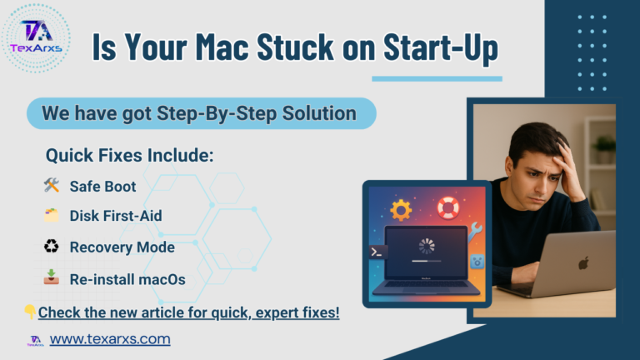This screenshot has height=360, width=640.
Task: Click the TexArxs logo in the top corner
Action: [35, 37]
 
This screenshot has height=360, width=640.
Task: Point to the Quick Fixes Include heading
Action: [129, 155]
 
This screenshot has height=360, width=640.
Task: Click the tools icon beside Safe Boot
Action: [50, 186]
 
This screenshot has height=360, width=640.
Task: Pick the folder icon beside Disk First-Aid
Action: [50, 216]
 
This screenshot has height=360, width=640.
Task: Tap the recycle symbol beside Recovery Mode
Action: [50, 247]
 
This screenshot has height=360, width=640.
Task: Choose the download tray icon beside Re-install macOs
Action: [50, 277]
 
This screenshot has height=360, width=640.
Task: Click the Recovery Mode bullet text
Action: [122, 247]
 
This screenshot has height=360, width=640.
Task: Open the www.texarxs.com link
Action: [110, 339]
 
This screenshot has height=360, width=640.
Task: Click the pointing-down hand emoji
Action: [30, 312]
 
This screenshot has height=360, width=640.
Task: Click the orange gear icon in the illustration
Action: [401, 211]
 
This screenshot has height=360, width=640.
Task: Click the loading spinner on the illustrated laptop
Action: [426, 246]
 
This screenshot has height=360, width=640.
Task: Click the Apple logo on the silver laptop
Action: [583, 262]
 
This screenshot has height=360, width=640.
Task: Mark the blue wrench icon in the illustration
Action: [475, 234]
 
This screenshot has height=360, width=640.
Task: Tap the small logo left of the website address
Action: [36, 340]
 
